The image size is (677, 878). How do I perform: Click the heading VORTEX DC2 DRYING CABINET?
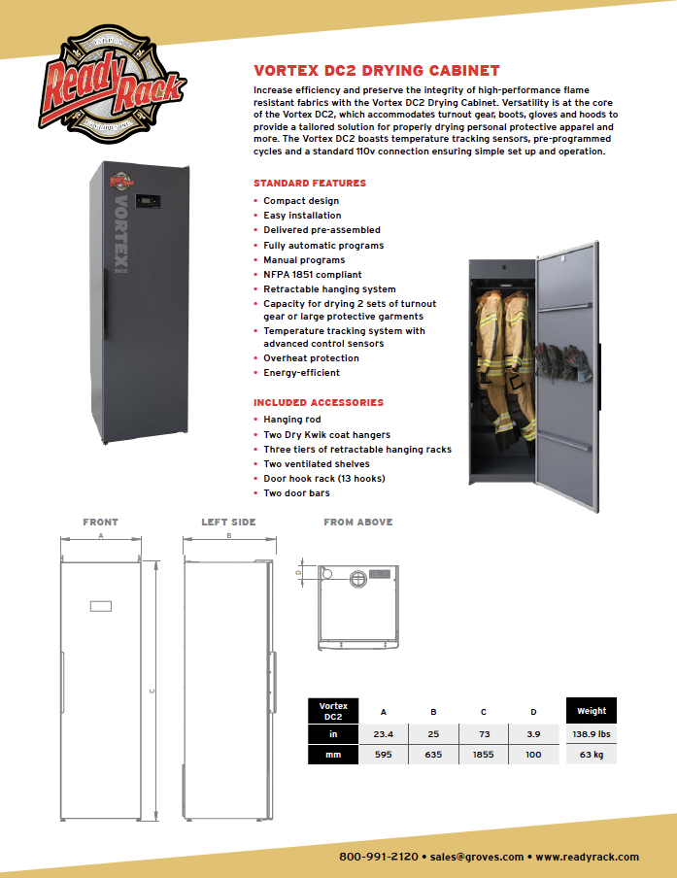376,71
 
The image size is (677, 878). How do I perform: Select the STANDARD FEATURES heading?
309,183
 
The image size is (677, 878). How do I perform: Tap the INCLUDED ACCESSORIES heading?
318,402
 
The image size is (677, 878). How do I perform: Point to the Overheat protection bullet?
311,358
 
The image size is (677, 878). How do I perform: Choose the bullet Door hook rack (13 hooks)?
323,479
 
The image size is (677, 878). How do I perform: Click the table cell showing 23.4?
384,734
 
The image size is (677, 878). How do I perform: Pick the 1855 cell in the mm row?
484,754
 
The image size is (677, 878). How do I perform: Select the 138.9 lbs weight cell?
592,734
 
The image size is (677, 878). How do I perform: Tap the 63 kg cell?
592,754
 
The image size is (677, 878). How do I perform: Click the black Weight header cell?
592,711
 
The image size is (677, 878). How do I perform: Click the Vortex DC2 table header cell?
333,711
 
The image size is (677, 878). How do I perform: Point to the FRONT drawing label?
100,523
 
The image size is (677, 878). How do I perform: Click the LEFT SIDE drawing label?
228,523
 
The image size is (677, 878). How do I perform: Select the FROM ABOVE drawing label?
357,523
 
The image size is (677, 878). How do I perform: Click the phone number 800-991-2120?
379,857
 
